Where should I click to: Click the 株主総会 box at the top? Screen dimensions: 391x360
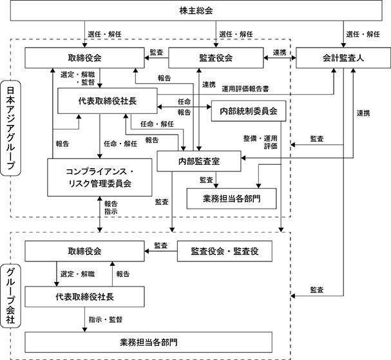196,10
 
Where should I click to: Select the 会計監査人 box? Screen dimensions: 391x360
343,58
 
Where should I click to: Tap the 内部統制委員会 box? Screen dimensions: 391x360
249,111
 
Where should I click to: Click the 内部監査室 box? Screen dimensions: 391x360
199,161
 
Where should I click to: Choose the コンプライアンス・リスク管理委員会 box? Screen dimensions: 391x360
100,177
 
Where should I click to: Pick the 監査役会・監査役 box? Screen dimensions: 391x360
225,251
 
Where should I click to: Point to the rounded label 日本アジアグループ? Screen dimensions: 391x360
10,128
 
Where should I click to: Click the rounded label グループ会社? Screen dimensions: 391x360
10,296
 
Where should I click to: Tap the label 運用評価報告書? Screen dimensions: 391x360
245,89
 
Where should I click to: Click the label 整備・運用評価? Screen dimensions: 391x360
261,142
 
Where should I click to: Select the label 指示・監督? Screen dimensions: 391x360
106,319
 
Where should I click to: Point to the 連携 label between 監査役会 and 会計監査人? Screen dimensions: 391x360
280,53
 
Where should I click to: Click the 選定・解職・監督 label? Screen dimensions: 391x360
78,79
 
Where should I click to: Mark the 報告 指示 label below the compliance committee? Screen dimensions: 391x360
111,207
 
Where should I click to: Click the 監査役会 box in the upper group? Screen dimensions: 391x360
216,58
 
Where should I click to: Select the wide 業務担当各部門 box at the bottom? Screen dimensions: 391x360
148,343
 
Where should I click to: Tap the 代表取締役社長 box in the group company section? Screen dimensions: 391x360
84,297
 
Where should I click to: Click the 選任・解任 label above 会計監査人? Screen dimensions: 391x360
363,34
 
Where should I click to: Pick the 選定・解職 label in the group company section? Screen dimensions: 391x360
77,274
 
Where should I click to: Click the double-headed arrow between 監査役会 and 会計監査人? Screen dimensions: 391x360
280,58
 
